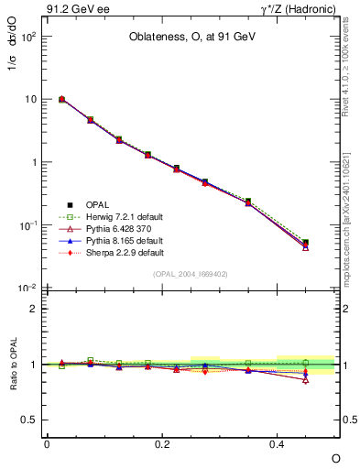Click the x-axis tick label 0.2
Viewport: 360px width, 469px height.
pos(162,443)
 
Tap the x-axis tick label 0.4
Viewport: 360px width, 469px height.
pos(278,443)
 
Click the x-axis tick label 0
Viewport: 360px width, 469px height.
pos(47,443)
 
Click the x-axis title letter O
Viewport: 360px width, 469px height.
pos(335,456)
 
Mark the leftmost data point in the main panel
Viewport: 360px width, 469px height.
pos(61,99)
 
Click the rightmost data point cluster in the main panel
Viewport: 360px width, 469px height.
pos(305,245)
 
